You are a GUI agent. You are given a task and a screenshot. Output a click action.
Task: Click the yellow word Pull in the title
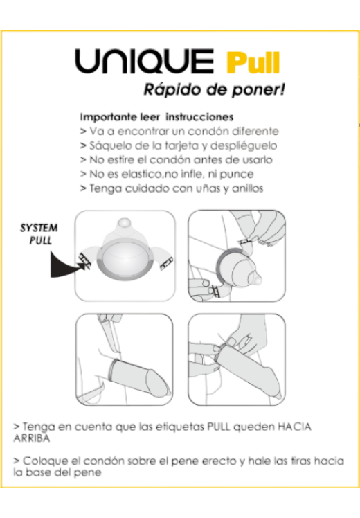coord(253,63)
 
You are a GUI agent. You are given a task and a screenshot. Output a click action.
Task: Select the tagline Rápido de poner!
coord(214,89)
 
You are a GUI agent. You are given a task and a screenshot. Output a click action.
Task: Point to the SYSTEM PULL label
coord(39,234)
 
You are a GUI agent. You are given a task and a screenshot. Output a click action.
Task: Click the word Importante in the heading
coord(107,117)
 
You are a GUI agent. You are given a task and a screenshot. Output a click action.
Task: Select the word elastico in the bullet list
coord(137,174)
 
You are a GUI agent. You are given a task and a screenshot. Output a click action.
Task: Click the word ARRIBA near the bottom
coord(32,438)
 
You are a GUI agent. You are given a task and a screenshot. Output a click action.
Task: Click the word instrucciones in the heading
coord(200,117)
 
